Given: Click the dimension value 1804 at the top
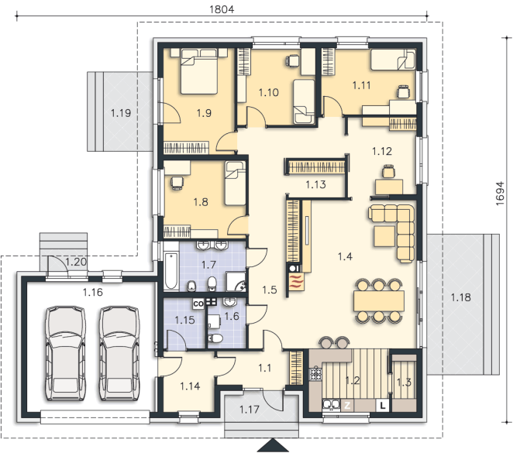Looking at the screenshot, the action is [222, 9].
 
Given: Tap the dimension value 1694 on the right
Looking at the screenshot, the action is [500, 194].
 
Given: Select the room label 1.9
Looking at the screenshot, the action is [204, 113].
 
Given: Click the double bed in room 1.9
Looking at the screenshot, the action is [199, 71].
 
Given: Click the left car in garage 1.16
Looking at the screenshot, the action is [65, 353].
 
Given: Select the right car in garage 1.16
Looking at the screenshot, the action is [119, 353].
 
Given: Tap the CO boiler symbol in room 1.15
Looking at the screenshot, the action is [198, 304].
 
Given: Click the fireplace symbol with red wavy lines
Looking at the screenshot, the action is [297, 281].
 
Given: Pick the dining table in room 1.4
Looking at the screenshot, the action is [378, 300].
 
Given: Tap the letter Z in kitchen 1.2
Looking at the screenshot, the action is [347, 406].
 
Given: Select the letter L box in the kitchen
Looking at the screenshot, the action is [383, 406].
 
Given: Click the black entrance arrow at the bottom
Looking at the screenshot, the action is [273, 445].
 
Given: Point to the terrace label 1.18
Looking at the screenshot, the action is [460, 297].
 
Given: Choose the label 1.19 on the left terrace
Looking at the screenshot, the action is [121, 113].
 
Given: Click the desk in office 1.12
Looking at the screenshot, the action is [389, 187].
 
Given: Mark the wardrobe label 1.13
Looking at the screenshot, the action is [315, 184].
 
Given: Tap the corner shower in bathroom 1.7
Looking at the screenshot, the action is [236, 281].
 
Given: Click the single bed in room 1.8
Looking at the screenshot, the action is [235, 184].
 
